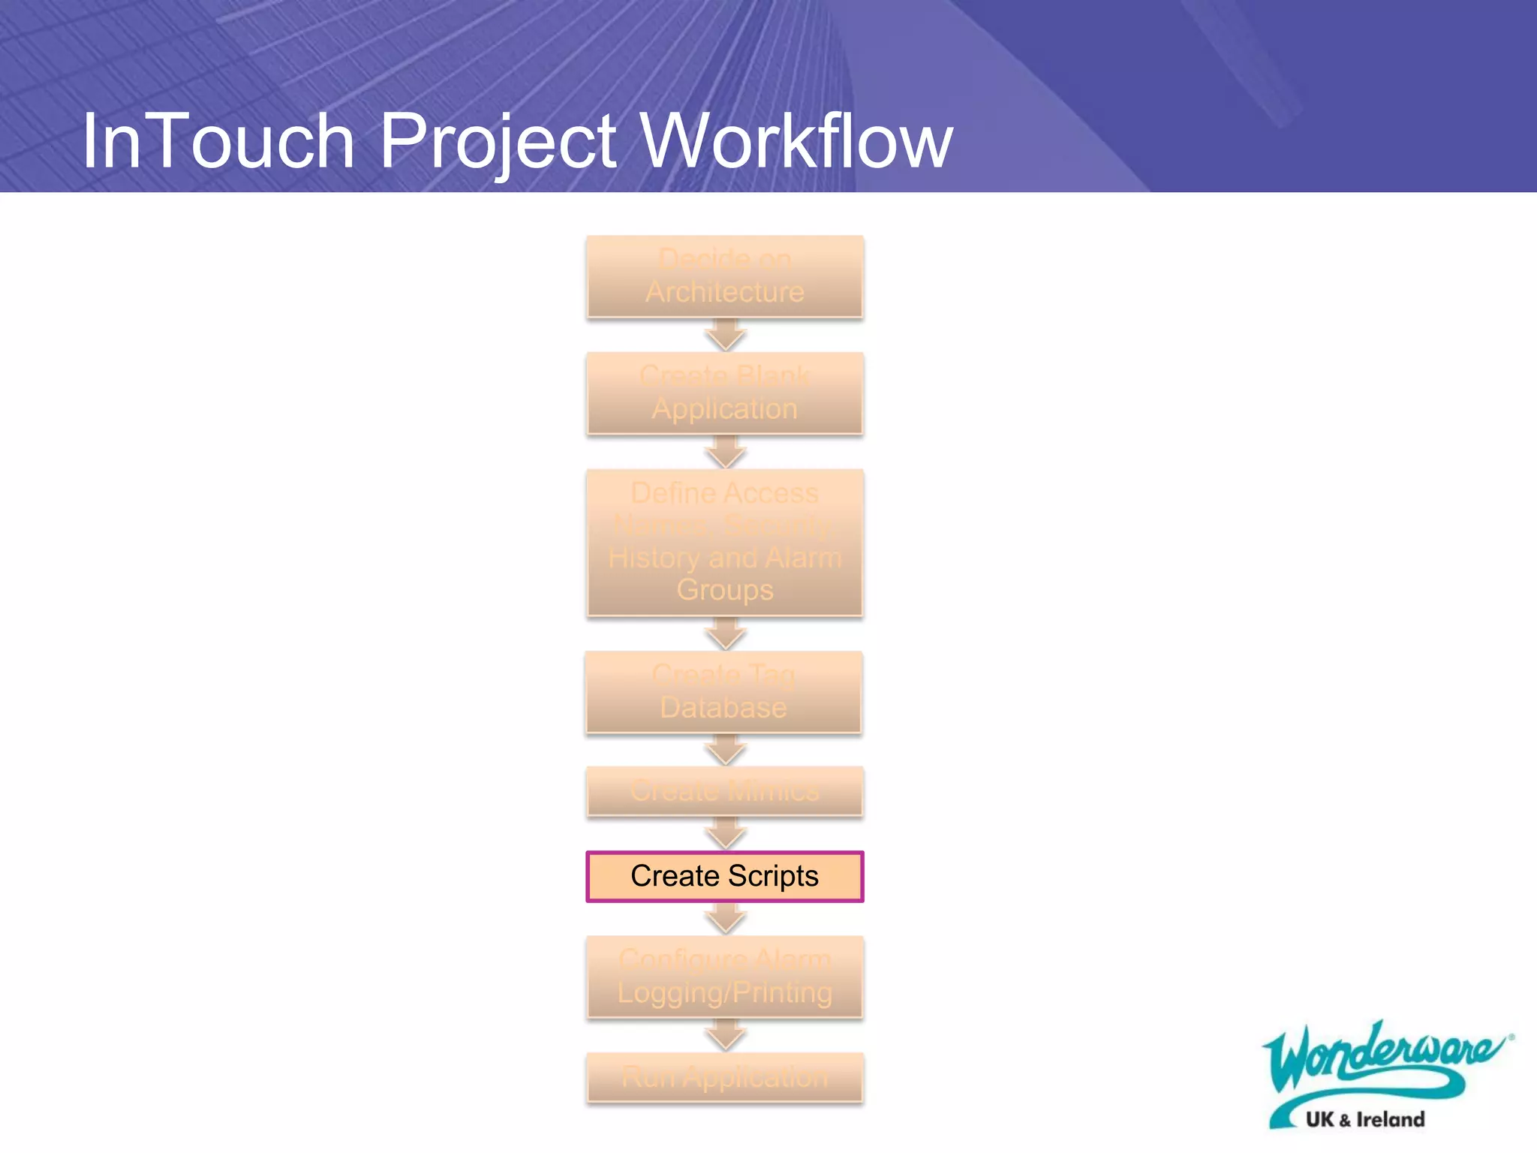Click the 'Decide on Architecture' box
click(725, 276)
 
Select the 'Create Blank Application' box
click(725, 393)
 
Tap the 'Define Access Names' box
click(725, 542)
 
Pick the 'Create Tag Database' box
click(723, 691)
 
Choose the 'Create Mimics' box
click(725, 790)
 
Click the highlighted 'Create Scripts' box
click(725, 876)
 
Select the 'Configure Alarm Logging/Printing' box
click(725, 976)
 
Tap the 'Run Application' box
click(725, 1077)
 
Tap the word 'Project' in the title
click(498, 143)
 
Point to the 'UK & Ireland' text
click(1365, 1119)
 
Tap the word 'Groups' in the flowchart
click(725, 590)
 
